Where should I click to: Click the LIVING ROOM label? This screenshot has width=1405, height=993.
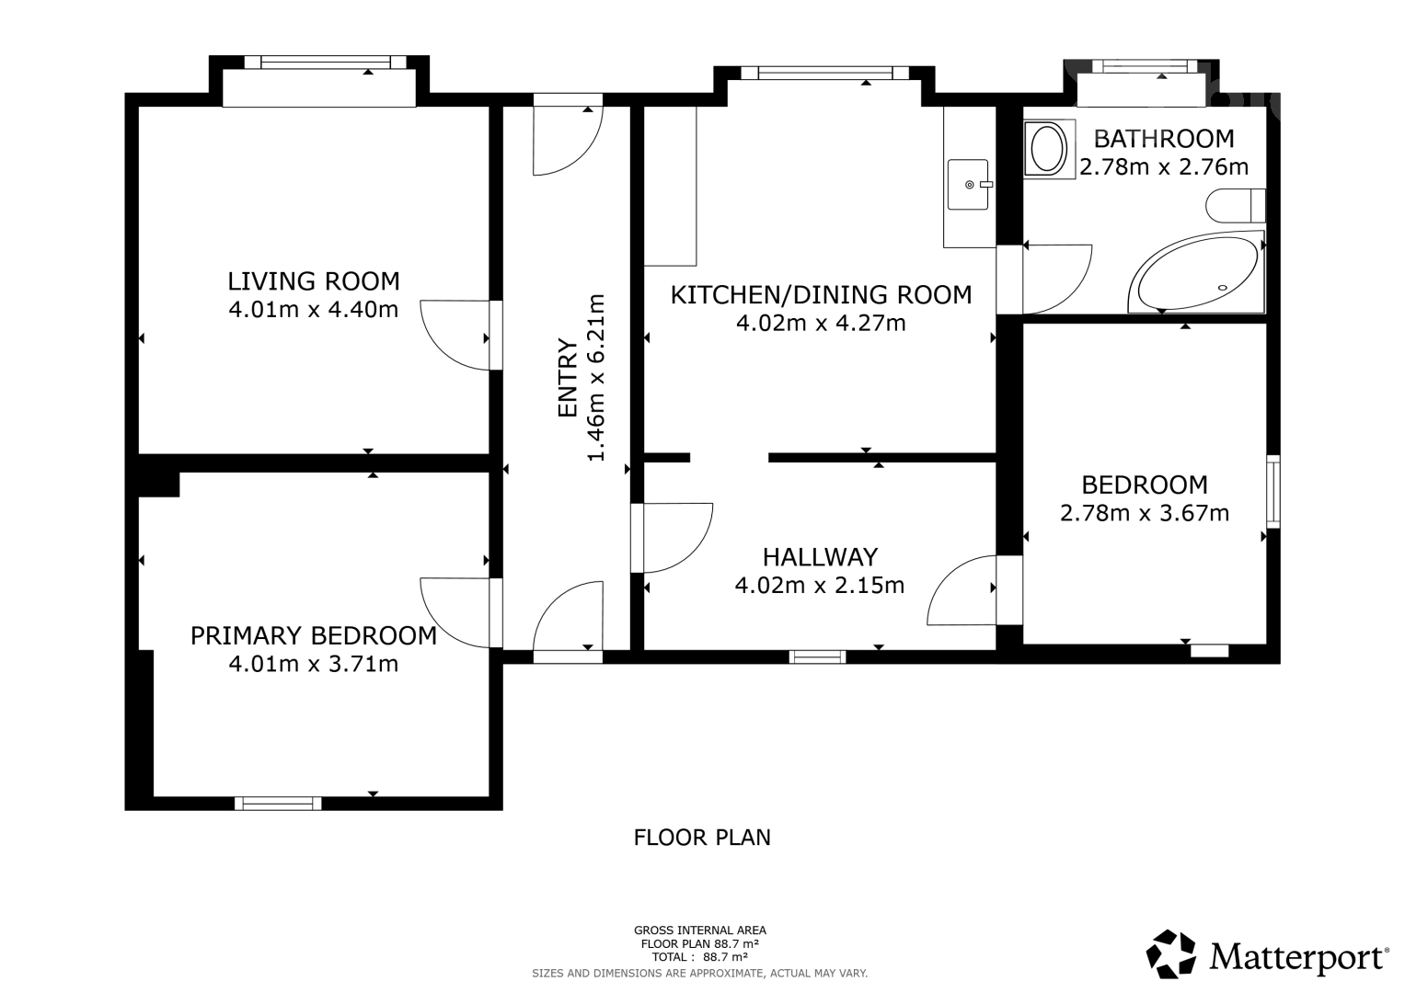(314, 281)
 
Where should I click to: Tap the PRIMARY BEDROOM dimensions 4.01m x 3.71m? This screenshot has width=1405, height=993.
(314, 663)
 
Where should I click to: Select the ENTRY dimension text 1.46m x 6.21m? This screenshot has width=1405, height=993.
(596, 377)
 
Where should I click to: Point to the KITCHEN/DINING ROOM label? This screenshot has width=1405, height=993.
(821, 294)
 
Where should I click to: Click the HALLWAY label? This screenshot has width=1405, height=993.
(821, 556)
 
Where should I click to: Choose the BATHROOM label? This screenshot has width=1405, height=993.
(1164, 139)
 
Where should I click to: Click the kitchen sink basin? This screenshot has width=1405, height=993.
(968, 184)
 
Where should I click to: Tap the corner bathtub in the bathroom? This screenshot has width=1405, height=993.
(1196, 273)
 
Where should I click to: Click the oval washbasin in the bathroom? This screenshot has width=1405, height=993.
(1047, 149)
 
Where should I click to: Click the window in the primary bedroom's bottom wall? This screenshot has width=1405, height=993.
(278, 803)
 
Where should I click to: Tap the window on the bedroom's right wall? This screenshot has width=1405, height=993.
(1273, 492)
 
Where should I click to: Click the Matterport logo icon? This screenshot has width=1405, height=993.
(1170, 954)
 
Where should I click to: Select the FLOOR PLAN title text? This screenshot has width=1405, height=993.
(702, 838)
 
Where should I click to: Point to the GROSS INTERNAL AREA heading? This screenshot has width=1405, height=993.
(700, 930)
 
